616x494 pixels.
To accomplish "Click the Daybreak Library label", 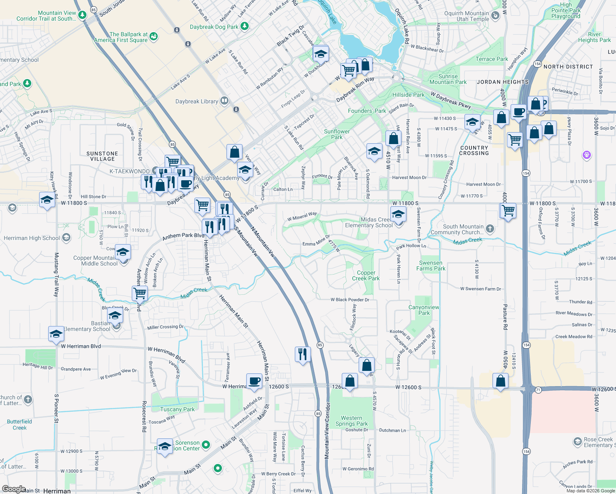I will (197, 101).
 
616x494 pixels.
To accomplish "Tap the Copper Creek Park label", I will (366, 275).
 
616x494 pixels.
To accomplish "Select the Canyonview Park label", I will (424, 310).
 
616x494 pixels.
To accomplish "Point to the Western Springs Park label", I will (352, 421).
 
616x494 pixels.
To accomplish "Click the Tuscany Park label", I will (177, 409).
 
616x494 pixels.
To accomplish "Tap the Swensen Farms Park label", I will (431, 266).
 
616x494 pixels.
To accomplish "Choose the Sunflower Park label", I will (337, 134).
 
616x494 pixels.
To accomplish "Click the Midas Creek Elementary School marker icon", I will (398, 215).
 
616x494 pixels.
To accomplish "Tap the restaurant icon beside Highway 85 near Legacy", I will (303, 354).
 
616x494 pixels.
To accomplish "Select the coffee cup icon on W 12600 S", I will (254, 381).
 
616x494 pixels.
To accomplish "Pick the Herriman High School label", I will (32, 238).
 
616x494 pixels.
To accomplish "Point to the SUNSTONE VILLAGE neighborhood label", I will (103, 156).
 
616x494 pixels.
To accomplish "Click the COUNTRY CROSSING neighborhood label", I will (474, 150).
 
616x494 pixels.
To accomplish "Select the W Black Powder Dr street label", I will (350, 300).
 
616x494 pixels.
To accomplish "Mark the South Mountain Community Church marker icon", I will (490, 228).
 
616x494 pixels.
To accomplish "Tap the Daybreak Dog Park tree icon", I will (245, 26).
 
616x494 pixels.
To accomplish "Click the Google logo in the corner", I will (14, 489).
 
